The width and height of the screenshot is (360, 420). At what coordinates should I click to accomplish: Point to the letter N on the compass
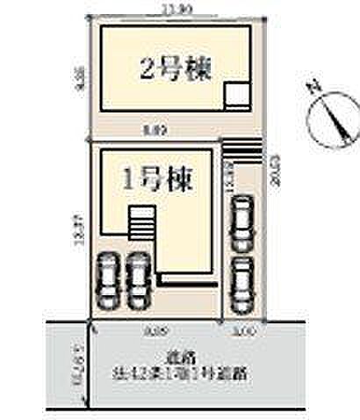tap(313, 88)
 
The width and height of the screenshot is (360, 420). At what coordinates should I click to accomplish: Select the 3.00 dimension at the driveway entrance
tap(243, 330)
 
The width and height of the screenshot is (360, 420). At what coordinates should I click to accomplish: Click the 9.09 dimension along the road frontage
tap(157, 330)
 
